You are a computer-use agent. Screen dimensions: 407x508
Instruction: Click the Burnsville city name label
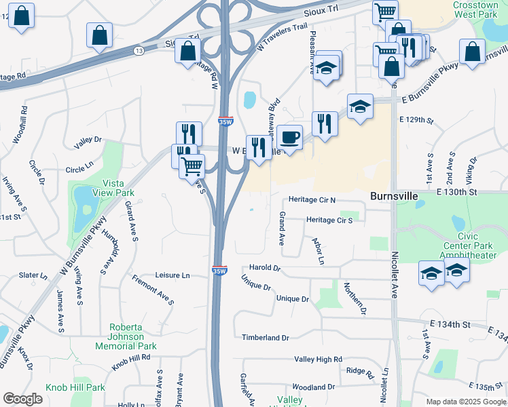pos(393,195)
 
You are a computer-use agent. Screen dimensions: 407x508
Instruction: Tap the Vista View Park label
pos(118,188)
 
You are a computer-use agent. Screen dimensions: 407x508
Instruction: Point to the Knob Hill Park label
pos(75,387)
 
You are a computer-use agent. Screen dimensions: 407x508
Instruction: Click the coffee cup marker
pos(290,138)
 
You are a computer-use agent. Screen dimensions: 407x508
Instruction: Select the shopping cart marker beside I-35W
pos(192,165)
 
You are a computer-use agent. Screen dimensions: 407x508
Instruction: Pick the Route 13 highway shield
pos(139,51)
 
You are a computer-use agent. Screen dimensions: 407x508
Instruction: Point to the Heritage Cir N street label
pos(312,200)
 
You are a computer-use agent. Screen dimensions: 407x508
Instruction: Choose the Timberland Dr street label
pos(266,337)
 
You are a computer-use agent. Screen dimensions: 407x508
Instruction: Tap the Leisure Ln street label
pos(173,275)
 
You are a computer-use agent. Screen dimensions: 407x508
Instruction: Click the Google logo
pos(22,398)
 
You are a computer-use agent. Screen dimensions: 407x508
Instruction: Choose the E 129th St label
pos(416,119)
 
